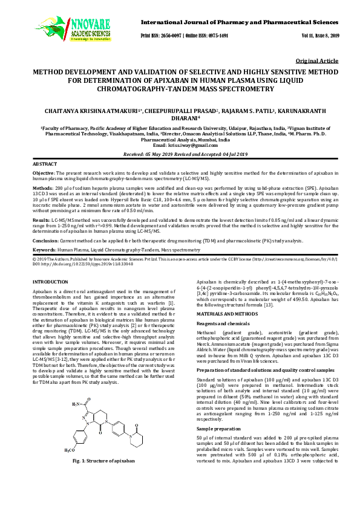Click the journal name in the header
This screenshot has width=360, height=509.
[x=240, y=22]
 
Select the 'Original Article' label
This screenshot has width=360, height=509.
[x=318, y=62]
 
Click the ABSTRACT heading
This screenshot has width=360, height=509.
[x=45, y=164]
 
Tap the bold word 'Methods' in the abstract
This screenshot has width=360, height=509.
[x=42, y=189]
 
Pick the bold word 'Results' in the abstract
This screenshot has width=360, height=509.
[x=42, y=221]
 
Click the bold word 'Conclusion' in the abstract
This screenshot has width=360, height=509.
[x=46, y=240]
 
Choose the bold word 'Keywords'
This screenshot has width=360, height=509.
[x=44, y=250]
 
